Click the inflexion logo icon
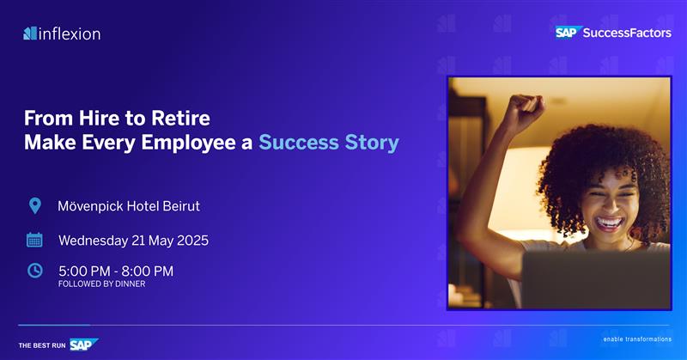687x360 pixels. coord(30,34)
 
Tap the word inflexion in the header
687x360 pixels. coord(70,34)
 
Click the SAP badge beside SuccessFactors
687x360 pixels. coord(568,33)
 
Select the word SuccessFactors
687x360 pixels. coord(627,33)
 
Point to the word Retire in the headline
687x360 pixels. coord(180,118)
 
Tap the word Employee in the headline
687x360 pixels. coord(188,143)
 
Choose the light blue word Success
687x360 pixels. coord(299,143)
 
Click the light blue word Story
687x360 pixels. coord(372,143)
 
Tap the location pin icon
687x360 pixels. coord(35,205)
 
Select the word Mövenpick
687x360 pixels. coord(90,206)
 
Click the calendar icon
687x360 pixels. coord(34,240)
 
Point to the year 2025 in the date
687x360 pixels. coord(192,241)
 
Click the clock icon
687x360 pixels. coord(35,271)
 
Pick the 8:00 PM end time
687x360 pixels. coord(147,271)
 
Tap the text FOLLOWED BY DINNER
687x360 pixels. coord(101,284)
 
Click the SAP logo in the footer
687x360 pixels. coord(83,345)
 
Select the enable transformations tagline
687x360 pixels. coord(637,339)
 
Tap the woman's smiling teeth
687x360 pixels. coord(610,223)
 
